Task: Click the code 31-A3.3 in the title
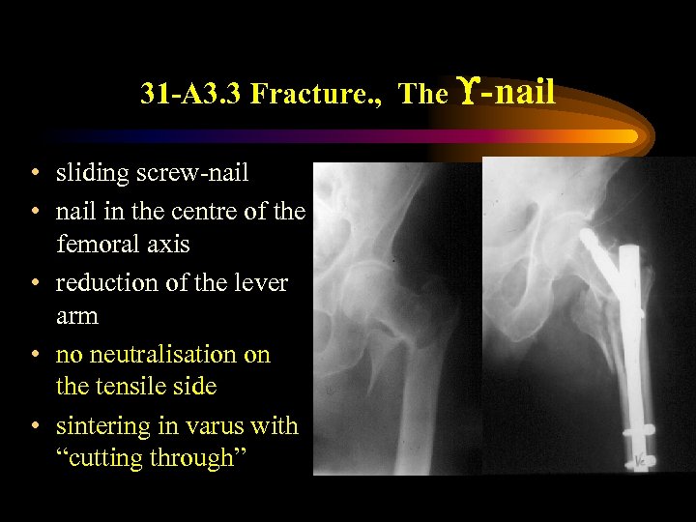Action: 190,95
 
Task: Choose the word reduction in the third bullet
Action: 103,283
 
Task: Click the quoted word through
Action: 194,459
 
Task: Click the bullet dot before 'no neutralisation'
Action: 34,356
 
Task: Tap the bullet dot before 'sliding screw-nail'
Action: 34,174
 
